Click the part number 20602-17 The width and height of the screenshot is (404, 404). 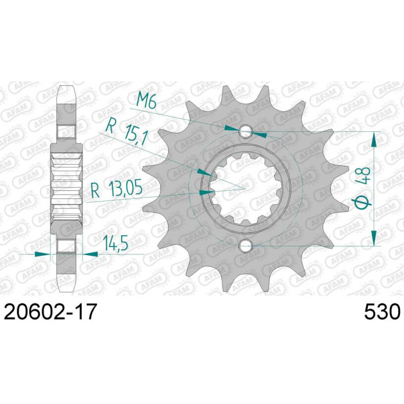pyautogui.click(x=50, y=311)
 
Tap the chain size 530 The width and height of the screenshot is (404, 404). pyautogui.click(x=382, y=311)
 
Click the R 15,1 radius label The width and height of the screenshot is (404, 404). pyautogui.click(x=127, y=132)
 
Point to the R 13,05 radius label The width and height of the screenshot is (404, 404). pyautogui.click(x=117, y=189)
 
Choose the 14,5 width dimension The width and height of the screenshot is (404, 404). pyautogui.click(x=116, y=243)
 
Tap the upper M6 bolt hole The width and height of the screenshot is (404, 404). pyautogui.click(x=245, y=132)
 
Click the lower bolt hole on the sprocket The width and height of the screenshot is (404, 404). pyautogui.click(x=245, y=246)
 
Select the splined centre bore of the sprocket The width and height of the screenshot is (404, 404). pyautogui.click(x=245, y=189)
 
